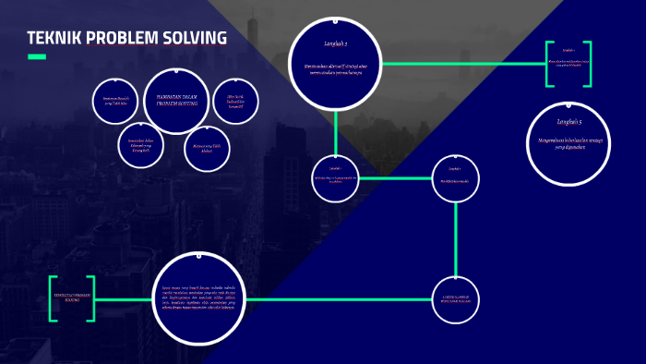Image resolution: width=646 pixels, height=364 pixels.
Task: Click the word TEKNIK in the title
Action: click(x=54, y=39)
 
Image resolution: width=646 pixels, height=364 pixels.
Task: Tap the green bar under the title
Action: click(x=36, y=57)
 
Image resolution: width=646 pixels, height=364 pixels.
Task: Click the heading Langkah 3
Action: click(x=336, y=42)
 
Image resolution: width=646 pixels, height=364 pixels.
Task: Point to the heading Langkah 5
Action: click(x=569, y=122)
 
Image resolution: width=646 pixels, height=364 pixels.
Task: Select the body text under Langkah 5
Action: click(x=569, y=142)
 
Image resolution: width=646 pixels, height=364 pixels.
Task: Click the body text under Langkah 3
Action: click(x=336, y=68)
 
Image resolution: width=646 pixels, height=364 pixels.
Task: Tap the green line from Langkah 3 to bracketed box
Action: click(x=461, y=64)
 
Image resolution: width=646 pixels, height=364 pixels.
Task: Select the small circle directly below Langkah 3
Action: click(x=336, y=176)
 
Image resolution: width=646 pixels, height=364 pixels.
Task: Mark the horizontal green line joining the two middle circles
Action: click(x=395, y=177)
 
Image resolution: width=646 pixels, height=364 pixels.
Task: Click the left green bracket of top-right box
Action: click(x=548, y=64)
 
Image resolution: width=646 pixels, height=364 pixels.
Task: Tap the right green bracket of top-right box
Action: click(x=588, y=64)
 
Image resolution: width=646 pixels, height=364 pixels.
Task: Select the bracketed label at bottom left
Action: click(x=72, y=298)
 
